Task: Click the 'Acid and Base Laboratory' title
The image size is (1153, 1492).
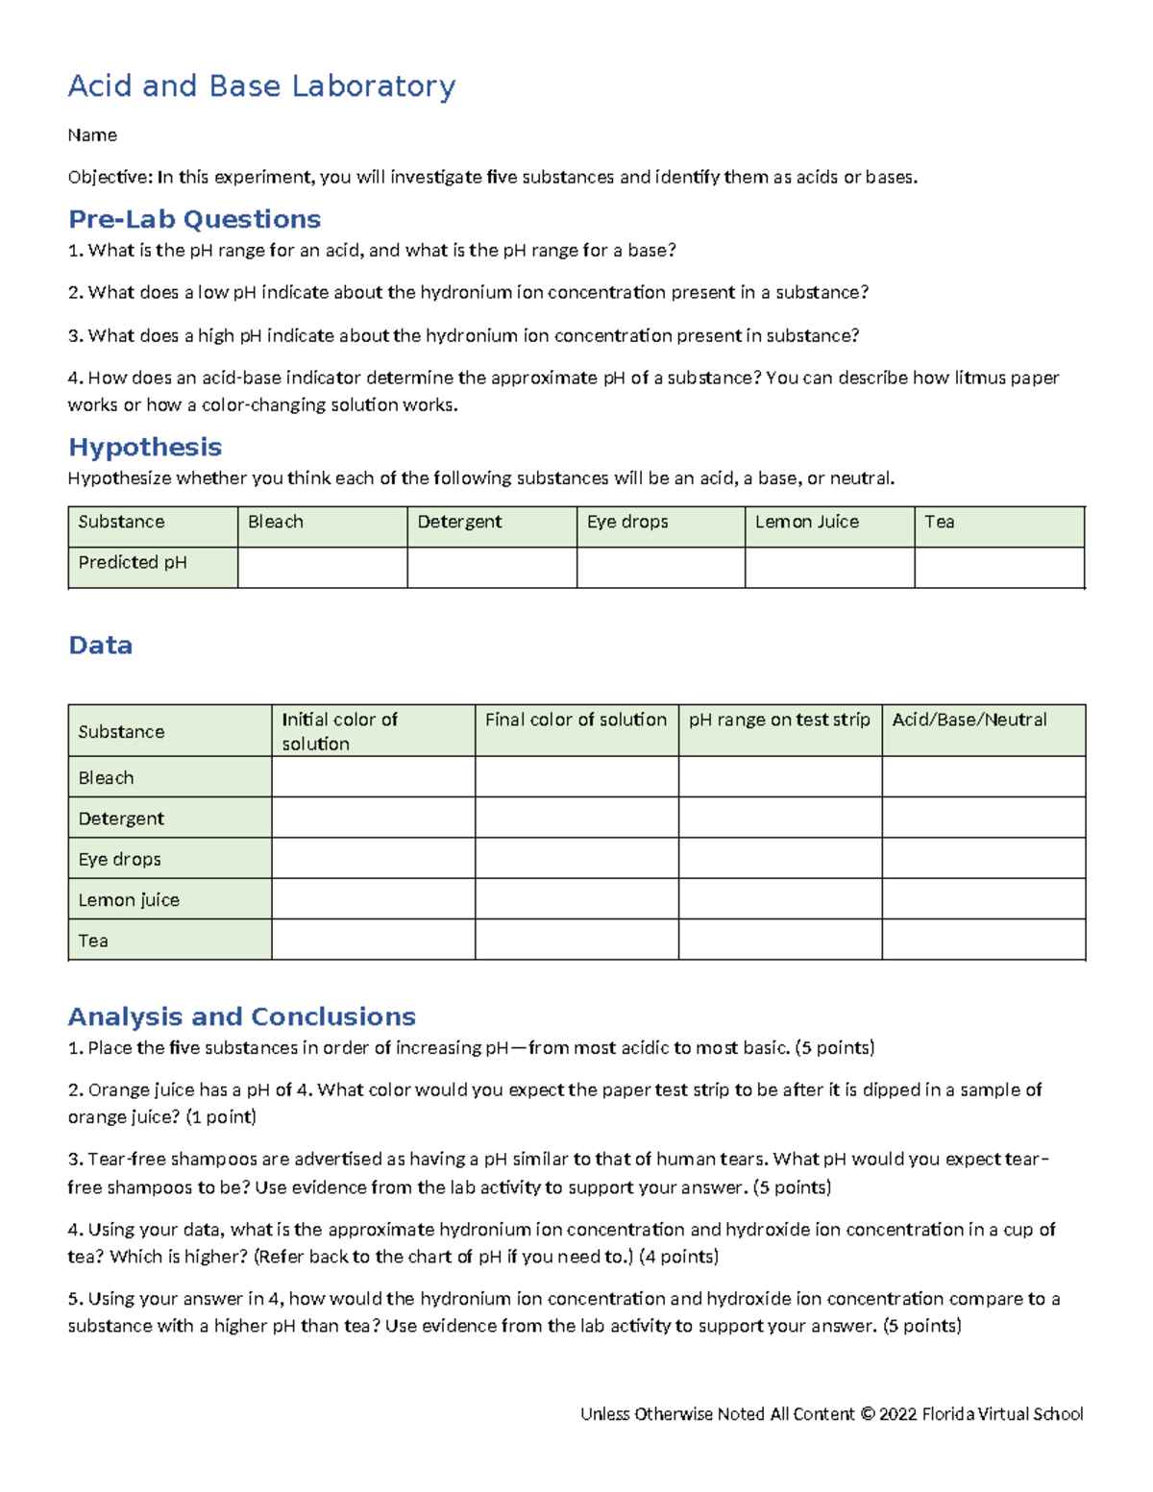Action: click(x=261, y=86)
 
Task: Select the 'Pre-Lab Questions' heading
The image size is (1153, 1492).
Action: click(x=194, y=219)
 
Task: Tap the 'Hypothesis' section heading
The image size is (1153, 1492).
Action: click(x=145, y=447)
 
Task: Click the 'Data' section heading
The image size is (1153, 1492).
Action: click(x=100, y=645)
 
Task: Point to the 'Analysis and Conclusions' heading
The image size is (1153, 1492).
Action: click(x=242, y=1016)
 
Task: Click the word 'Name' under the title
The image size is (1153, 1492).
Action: click(x=92, y=135)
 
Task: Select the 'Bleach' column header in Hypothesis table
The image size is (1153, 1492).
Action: click(x=276, y=522)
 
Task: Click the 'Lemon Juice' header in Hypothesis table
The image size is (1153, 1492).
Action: click(x=806, y=522)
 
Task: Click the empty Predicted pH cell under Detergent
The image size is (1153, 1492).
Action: click(x=492, y=568)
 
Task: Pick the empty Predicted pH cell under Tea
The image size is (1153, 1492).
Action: click(x=999, y=568)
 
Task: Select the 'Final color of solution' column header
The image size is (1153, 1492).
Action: click(x=576, y=720)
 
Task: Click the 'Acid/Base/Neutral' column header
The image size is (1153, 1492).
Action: click(x=969, y=720)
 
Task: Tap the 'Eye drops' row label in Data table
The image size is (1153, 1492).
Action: click(x=119, y=859)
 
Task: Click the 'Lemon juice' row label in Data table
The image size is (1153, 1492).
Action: click(x=129, y=900)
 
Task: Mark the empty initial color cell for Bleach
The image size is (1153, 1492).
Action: click(x=373, y=777)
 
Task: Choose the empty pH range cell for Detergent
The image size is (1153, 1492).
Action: click(x=780, y=818)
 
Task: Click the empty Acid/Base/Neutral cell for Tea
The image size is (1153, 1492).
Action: click(x=984, y=940)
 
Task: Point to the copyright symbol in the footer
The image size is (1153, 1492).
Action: click(x=867, y=1414)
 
